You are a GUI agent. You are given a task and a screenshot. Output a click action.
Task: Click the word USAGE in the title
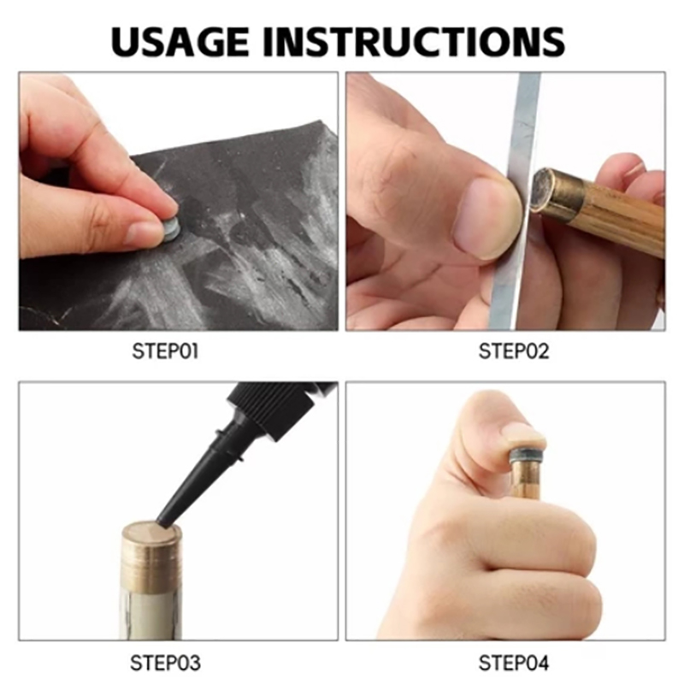click(180, 41)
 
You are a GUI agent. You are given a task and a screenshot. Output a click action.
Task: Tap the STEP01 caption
click(165, 351)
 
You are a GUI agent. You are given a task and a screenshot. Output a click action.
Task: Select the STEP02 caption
click(514, 351)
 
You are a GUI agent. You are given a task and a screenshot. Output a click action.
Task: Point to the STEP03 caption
click(165, 663)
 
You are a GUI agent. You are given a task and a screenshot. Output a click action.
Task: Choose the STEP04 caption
click(514, 663)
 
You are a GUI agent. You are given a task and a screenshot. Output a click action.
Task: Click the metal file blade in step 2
click(515, 201)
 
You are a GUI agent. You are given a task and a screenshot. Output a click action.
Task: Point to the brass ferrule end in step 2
click(550, 191)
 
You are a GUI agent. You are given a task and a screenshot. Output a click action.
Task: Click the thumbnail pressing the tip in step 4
click(522, 432)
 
